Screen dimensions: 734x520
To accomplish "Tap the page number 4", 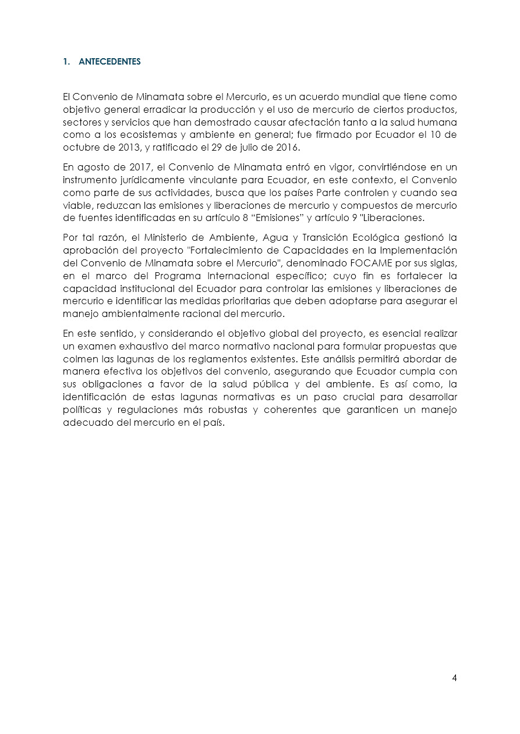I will (x=454, y=678).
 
